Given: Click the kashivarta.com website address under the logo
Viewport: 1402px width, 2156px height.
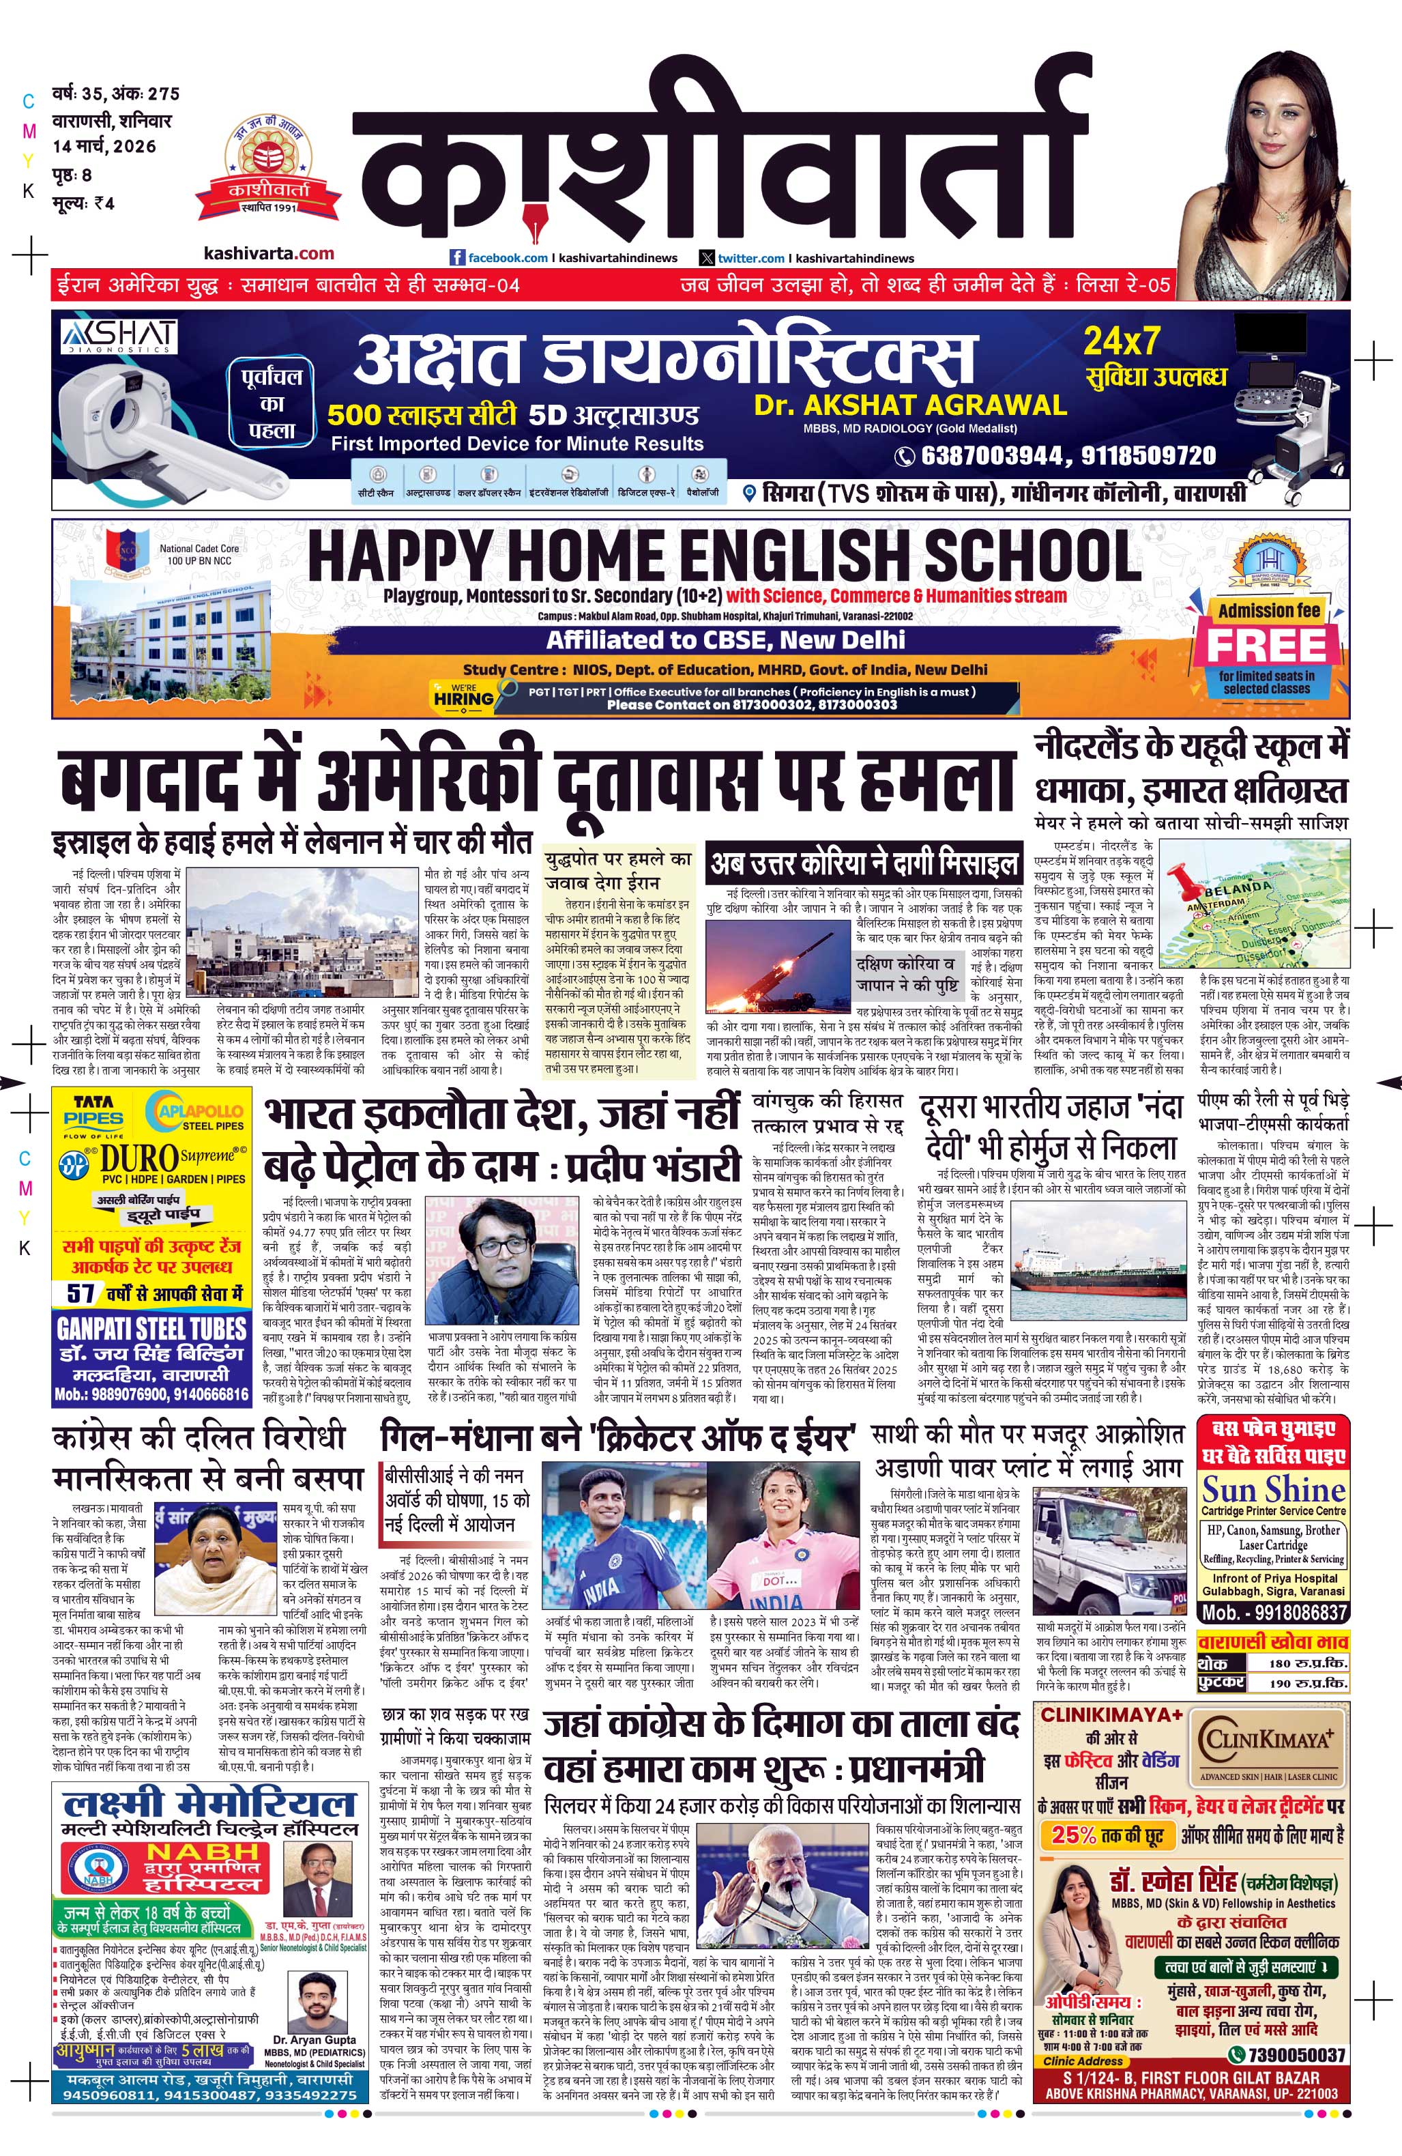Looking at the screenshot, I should pos(269,254).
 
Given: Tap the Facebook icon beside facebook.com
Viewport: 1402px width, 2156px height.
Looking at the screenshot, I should pos(457,257).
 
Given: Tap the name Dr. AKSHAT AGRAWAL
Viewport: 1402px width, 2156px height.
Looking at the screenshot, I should pos(910,404).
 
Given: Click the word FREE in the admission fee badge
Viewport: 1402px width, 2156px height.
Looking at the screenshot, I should pos(1266,646).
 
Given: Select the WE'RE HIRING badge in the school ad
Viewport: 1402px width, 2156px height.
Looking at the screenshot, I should pos(463,695).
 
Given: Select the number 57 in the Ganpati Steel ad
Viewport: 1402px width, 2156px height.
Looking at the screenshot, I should pos(81,1293).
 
